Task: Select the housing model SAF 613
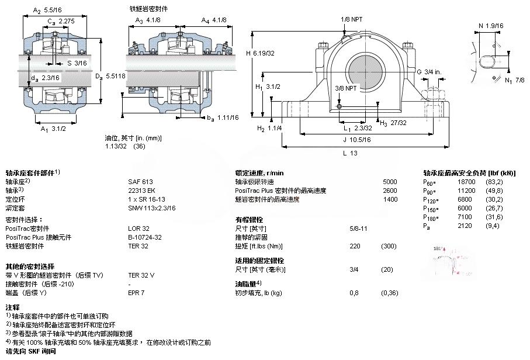point(140,182)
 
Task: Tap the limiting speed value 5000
point(389,182)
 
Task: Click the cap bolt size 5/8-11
point(358,229)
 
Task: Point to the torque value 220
point(354,246)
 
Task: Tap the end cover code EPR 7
point(136,293)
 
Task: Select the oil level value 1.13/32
point(116,146)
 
